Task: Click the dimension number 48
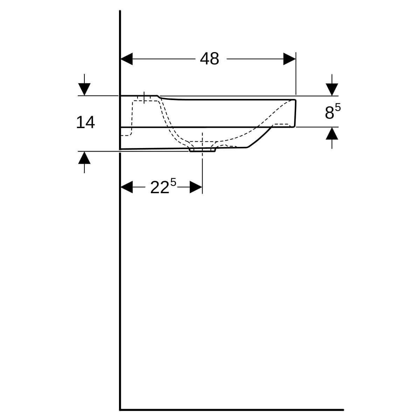[209, 59]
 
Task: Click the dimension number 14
[85, 122]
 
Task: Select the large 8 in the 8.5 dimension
[329, 113]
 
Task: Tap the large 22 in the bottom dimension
[160, 188]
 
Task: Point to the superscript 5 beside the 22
[173, 182]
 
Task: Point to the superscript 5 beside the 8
[338, 107]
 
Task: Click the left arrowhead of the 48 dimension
[127, 59]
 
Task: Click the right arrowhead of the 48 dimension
[289, 59]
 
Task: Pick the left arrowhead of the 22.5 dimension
[127, 187]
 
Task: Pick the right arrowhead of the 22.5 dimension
[196, 187]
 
